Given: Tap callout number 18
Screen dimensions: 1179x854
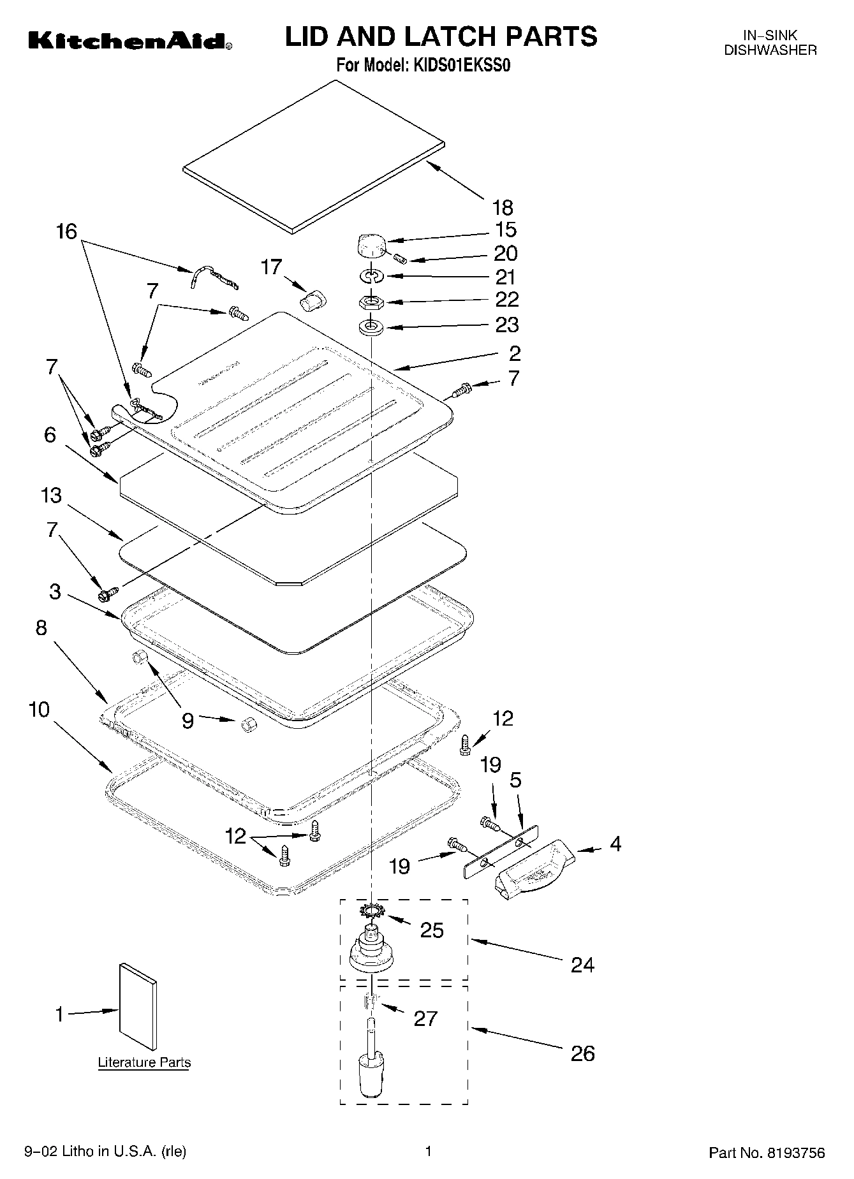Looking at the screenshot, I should point(503,207).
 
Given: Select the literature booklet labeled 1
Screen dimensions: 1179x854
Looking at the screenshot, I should point(138,1007).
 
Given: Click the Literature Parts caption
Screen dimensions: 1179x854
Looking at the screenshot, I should point(144,1063).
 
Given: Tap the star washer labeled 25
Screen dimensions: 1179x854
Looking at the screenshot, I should point(370,910).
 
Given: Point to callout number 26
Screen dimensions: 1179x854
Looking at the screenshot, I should point(582,1053).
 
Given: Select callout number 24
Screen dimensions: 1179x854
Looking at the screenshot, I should point(582,965).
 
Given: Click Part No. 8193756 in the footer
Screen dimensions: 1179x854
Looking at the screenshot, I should point(767,1153).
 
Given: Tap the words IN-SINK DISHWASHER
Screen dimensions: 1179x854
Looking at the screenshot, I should point(770,43).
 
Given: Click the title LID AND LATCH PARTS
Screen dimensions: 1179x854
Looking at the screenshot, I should point(441,36).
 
